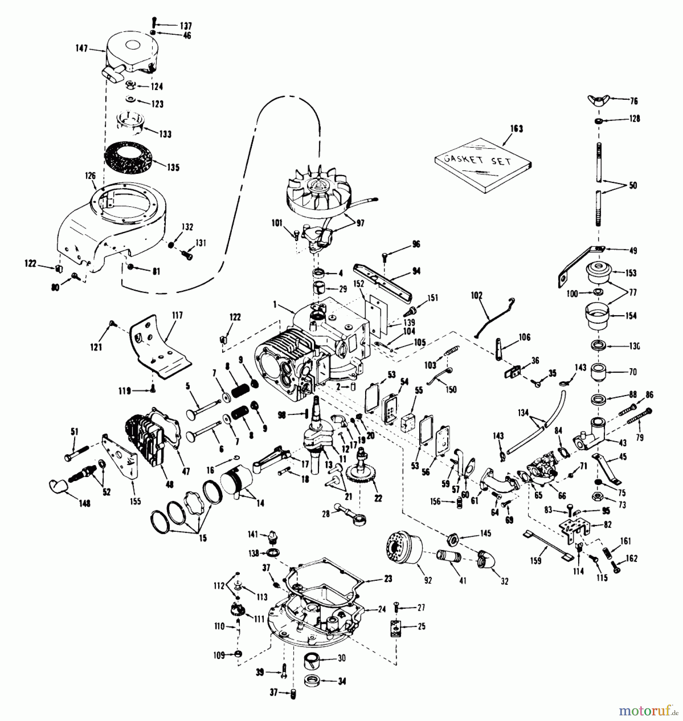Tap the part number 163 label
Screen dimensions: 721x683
pyautogui.click(x=516, y=129)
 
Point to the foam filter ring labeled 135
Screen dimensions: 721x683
pyautogui.click(x=129, y=157)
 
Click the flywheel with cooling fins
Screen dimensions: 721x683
pyautogui.click(x=317, y=197)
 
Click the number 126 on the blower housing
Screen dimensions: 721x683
pyautogui.click(x=90, y=175)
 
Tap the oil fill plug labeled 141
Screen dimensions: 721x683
pyautogui.click(x=274, y=536)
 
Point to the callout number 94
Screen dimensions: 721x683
pyautogui.click(x=416, y=272)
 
